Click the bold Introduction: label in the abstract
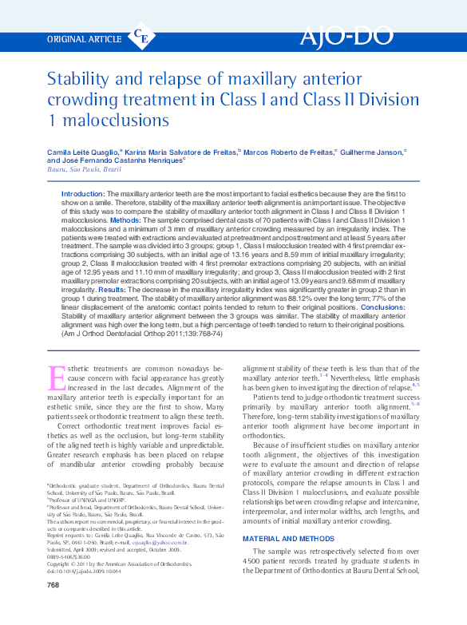pos(84,194)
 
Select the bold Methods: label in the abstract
pos(125,220)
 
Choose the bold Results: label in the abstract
pos(105,290)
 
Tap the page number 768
pos(53,607)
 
